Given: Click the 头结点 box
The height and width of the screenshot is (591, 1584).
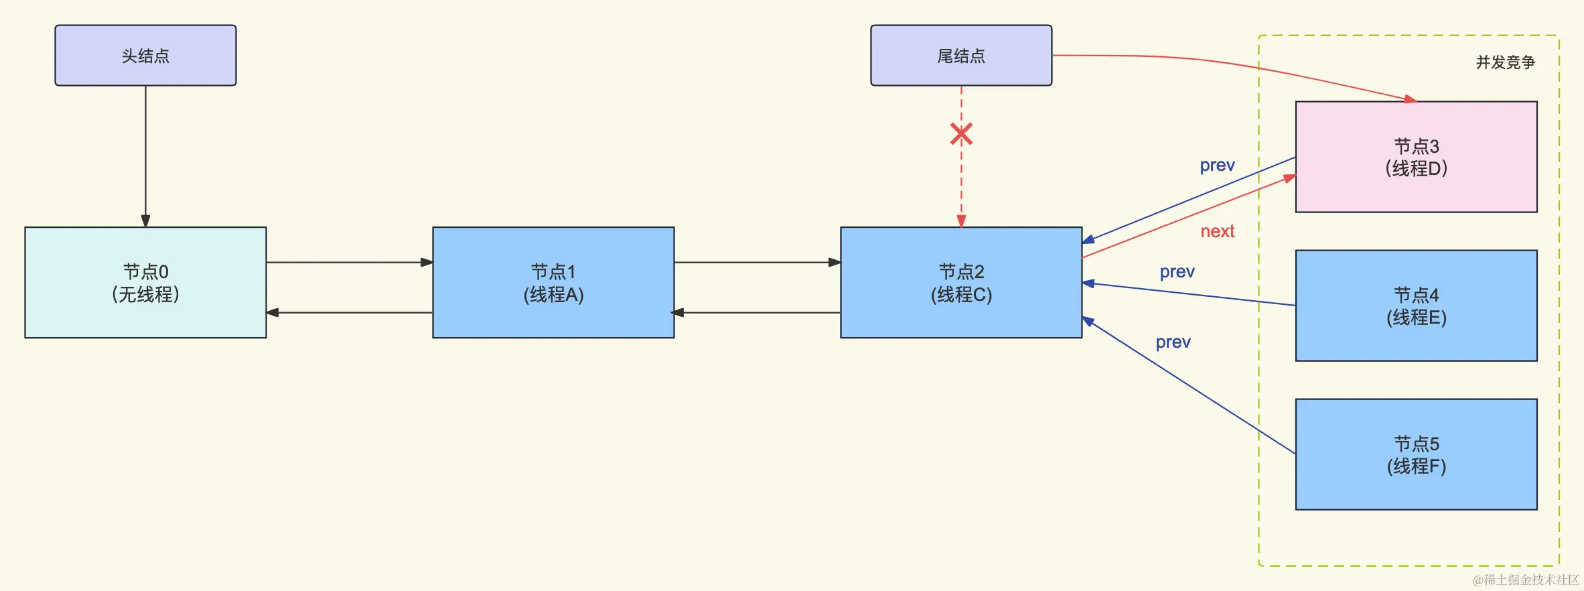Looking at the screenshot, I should (145, 56).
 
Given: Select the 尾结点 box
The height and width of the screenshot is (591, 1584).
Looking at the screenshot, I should (961, 56).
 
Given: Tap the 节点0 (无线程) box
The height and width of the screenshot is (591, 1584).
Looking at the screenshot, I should (145, 282).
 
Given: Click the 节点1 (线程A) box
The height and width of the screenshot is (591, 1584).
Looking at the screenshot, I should (553, 282).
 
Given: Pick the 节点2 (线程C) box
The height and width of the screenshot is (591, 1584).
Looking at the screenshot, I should (961, 282).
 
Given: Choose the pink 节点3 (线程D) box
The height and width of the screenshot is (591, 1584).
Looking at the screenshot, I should (1416, 157).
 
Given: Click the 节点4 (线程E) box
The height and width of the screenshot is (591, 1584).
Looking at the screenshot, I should (1416, 306).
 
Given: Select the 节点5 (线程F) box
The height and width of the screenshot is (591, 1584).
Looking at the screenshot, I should (1416, 454).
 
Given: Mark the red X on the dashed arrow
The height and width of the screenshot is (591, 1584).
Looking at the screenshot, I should (961, 135).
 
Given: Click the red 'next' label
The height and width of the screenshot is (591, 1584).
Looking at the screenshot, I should (1217, 232).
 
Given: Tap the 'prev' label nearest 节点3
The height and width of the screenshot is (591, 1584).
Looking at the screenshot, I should (1217, 166).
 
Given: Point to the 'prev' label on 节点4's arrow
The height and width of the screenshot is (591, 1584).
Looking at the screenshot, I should (1177, 272).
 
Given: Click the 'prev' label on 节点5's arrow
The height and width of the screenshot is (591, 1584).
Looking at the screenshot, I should (1173, 342).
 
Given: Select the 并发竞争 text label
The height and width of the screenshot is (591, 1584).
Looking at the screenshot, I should (1505, 62).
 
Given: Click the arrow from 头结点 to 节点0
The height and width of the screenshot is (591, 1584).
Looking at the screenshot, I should (145, 154).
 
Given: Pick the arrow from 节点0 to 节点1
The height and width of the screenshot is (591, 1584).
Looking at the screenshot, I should (348, 262).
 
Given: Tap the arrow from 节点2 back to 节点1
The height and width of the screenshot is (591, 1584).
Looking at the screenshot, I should (757, 312).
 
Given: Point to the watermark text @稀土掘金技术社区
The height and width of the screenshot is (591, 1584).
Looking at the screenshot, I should (1525, 580).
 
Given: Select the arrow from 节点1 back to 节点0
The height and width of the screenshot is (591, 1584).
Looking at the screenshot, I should (348, 312).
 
